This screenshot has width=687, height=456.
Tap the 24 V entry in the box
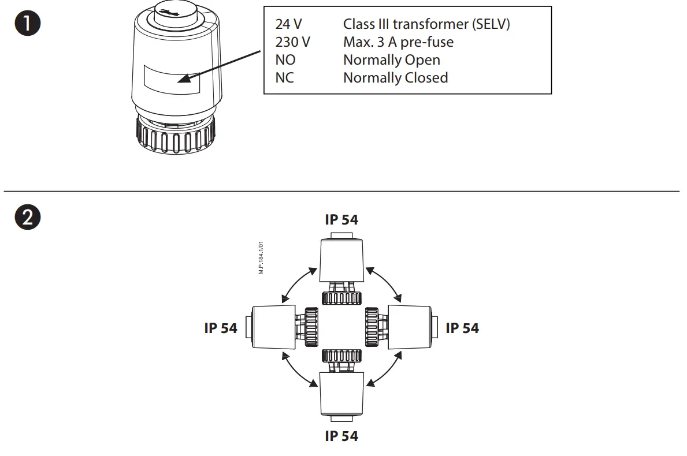click(x=288, y=24)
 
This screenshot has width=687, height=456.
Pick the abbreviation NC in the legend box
click(x=285, y=78)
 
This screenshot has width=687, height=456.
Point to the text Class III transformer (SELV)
click(x=426, y=24)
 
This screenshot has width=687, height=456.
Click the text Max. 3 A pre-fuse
click(x=398, y=42)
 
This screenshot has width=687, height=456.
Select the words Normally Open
click(x=391, y=60)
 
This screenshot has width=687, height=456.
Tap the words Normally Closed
click(x=395, y=78)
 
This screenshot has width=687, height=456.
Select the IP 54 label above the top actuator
click(x=341, y=220)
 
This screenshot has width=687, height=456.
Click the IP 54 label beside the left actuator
click(x=221, y=328)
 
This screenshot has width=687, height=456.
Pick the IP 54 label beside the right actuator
click(x=462, y=328)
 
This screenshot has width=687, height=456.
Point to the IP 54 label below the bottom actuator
click(x=341, y=436)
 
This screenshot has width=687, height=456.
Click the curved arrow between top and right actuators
click(x=384, y=283)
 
